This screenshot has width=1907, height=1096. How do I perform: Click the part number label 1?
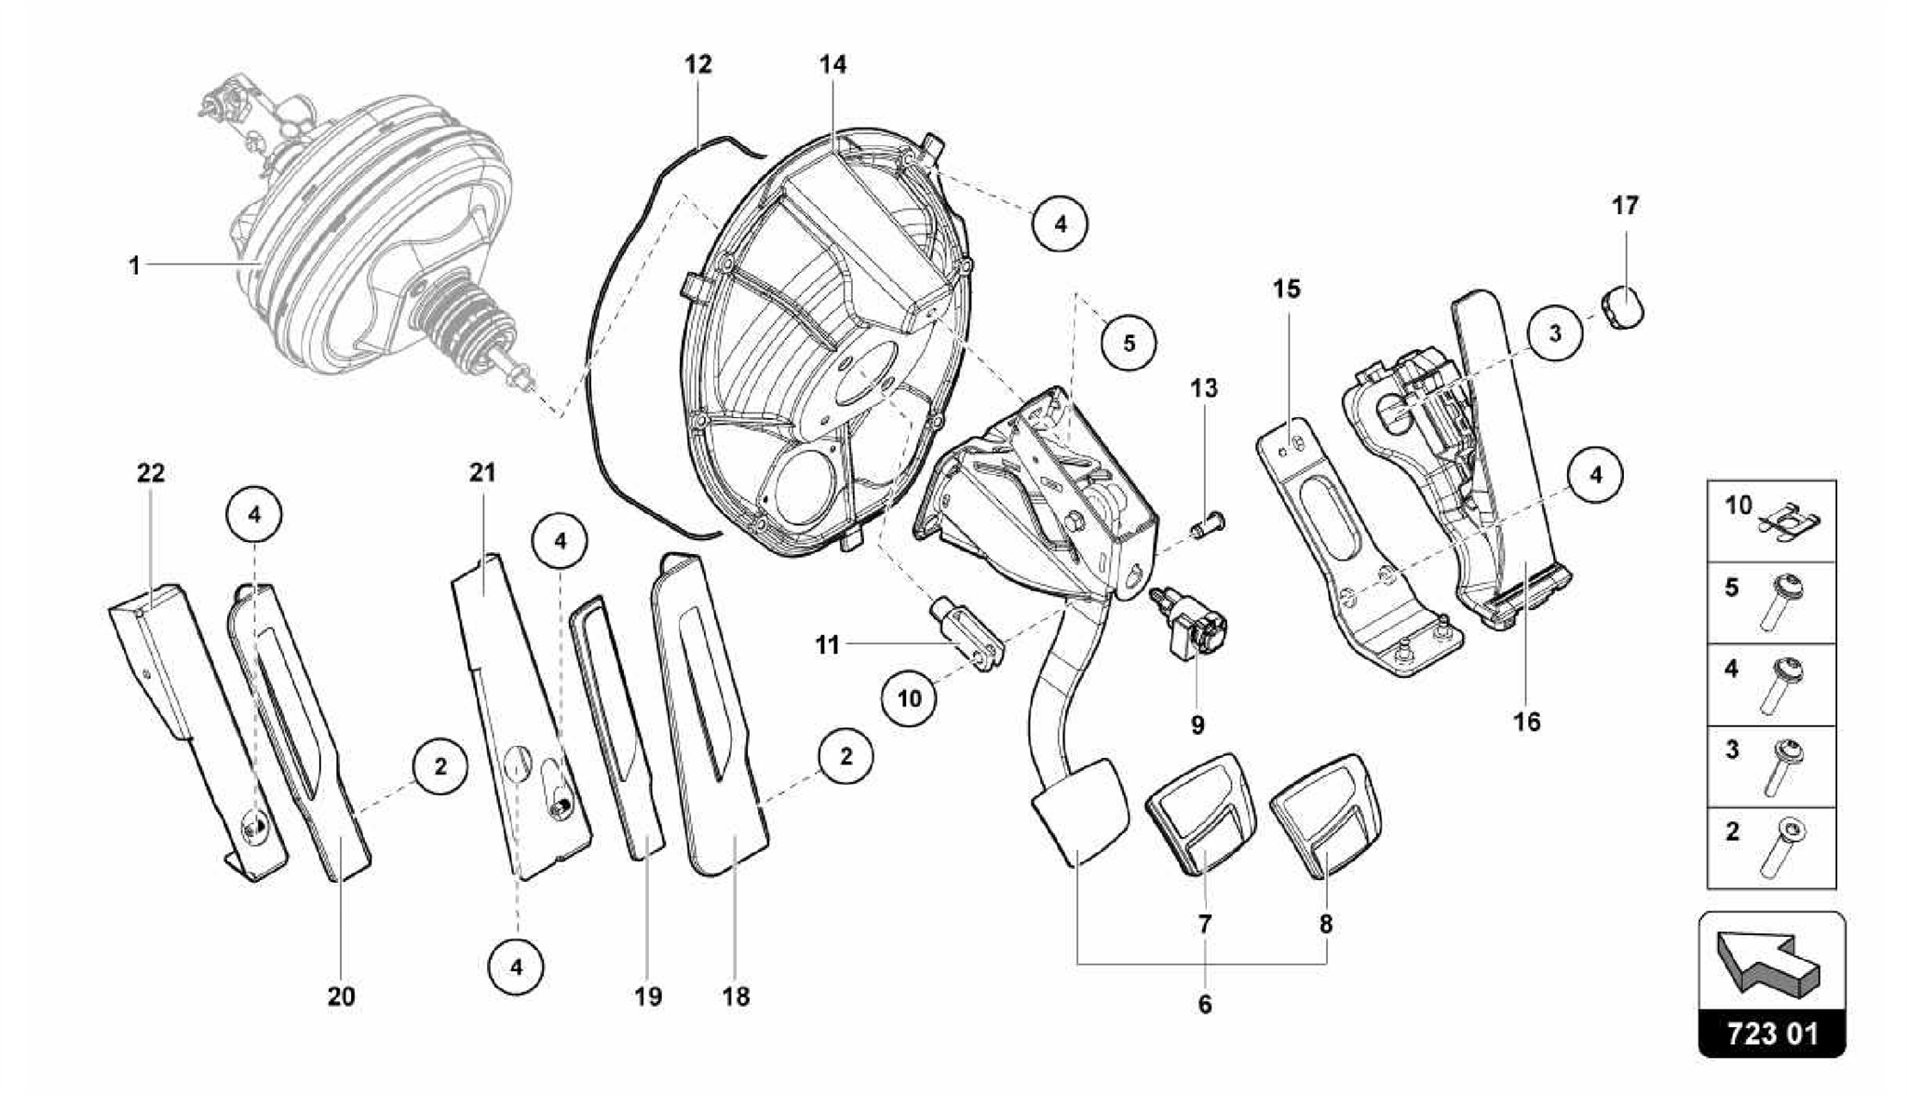point(134,266)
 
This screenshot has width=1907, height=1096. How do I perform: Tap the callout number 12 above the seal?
point(697,64)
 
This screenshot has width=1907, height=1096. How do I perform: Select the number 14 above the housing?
point(833,64)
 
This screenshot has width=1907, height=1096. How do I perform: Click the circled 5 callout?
point(1129,343)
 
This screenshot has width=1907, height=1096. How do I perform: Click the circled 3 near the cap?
point(1554,332)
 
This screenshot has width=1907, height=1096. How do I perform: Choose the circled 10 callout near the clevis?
point(910,697)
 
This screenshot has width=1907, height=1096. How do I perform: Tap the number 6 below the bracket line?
point(1205,1005)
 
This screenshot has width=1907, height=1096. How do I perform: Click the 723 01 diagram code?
point(1772,1035)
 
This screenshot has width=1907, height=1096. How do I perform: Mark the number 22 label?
point(151,473)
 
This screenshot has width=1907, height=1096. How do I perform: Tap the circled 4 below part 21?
point(517,967)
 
